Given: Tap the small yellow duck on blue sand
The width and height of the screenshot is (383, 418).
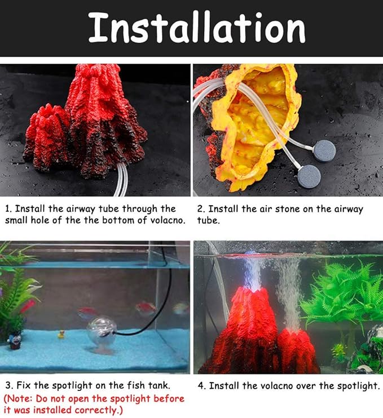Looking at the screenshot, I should click(x=60, y=333).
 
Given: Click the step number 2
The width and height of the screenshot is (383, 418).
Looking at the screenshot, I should click(x=200, y=209).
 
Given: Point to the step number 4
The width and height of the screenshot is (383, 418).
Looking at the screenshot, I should click(x=201, y=386).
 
